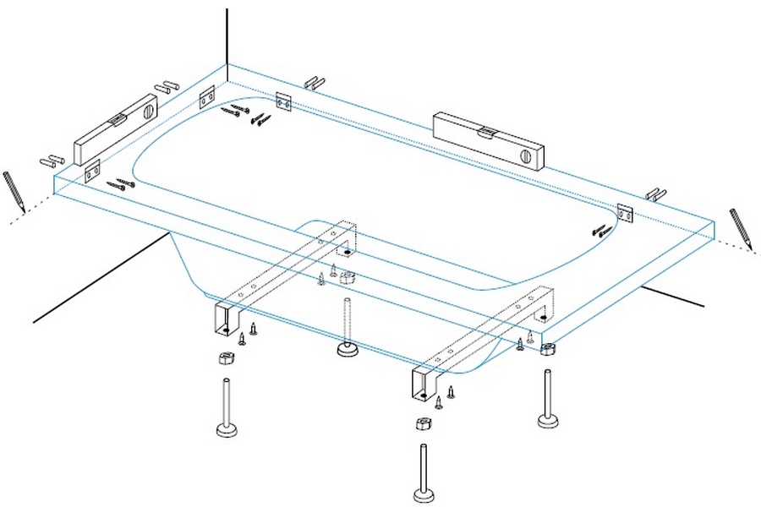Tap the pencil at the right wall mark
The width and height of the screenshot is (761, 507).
pos(741,227)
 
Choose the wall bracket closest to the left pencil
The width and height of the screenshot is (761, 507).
pos(91,172)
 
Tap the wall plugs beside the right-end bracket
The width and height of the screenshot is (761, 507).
pos(656,194)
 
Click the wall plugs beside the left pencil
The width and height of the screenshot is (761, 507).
pos(52,159)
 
